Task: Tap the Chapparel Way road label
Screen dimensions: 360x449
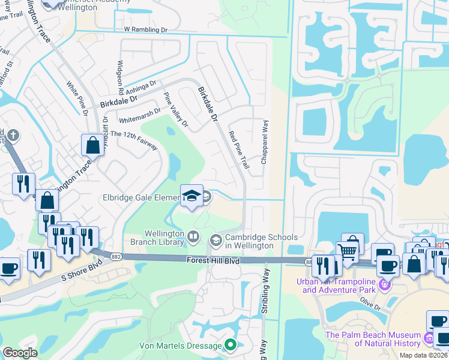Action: [x=264, y=142]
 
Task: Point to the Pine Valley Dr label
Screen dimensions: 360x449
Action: [x=176, y=110]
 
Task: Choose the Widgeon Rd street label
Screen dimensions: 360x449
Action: [x=121, y=77]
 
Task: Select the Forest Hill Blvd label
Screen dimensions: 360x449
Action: [x=212, y=260]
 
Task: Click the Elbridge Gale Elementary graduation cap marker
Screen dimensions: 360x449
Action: [x=191, y=197]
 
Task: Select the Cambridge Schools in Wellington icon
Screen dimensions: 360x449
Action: [x=215, y=241]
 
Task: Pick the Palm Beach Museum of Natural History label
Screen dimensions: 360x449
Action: [x=372, y=339]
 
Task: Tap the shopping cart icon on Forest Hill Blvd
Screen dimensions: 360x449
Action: [x=348, y=250]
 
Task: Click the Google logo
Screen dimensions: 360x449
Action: [x=20, y=353]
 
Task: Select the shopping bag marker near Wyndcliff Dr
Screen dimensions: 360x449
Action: [x=93, y=145]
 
